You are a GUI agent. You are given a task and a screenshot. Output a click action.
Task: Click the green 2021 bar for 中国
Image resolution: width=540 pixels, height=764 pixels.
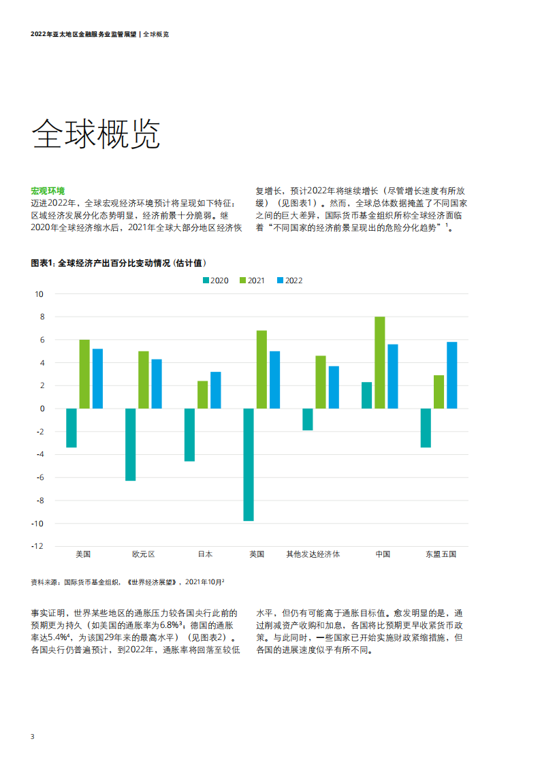pos(380,362)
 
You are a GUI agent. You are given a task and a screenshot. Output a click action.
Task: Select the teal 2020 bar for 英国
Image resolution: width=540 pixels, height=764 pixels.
pos(249,464)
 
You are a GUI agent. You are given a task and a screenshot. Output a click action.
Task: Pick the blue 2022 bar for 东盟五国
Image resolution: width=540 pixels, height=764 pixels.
pos(452,375)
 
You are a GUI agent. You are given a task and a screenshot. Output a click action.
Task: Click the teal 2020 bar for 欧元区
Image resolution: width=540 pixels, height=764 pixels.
pos(130,445)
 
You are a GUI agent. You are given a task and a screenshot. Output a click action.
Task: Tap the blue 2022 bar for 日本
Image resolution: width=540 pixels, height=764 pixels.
pos(216,390)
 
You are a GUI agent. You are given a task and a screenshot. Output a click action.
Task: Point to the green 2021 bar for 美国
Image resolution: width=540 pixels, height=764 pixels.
pos(84,374)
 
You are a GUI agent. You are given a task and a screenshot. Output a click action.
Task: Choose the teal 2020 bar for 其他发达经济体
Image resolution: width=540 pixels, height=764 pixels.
pos(308,419)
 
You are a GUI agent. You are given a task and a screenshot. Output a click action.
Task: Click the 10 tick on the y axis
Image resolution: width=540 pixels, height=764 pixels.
pos(39,294)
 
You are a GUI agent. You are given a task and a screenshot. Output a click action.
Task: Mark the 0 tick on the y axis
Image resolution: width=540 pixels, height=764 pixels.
pos(42,409)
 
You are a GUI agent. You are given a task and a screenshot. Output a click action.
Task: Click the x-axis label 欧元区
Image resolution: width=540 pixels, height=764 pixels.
pos(144,554)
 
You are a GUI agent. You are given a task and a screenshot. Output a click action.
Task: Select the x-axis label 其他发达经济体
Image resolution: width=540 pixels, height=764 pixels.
pos(313,554)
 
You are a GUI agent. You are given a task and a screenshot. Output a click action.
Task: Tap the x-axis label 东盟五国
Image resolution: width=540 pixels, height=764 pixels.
pos(441,554)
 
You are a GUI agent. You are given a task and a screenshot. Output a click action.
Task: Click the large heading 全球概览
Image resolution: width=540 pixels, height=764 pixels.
pos(96,134)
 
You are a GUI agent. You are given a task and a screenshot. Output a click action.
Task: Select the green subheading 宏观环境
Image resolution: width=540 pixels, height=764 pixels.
pos(48,191)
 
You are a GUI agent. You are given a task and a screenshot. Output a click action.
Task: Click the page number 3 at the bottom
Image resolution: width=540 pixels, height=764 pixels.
pos(32,737)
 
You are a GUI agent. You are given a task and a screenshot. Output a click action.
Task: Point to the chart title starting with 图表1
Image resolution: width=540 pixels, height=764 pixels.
pos(118,263)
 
